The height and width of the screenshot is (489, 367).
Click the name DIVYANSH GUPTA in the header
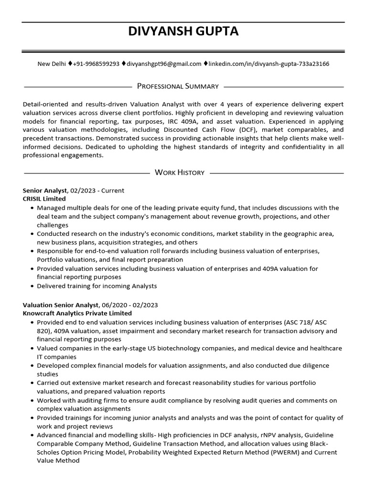(183, 32)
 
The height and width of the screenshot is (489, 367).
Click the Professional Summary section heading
(178, 86)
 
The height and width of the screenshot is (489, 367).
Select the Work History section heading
(180, 172)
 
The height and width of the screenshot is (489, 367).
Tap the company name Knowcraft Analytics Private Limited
(77, 313)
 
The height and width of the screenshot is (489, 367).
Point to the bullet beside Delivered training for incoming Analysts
(32, 287)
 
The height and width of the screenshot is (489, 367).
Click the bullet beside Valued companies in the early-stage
(32, 349)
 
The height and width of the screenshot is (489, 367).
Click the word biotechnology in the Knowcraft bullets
(148, 348)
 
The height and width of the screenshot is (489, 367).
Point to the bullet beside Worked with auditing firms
(32, 400)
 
